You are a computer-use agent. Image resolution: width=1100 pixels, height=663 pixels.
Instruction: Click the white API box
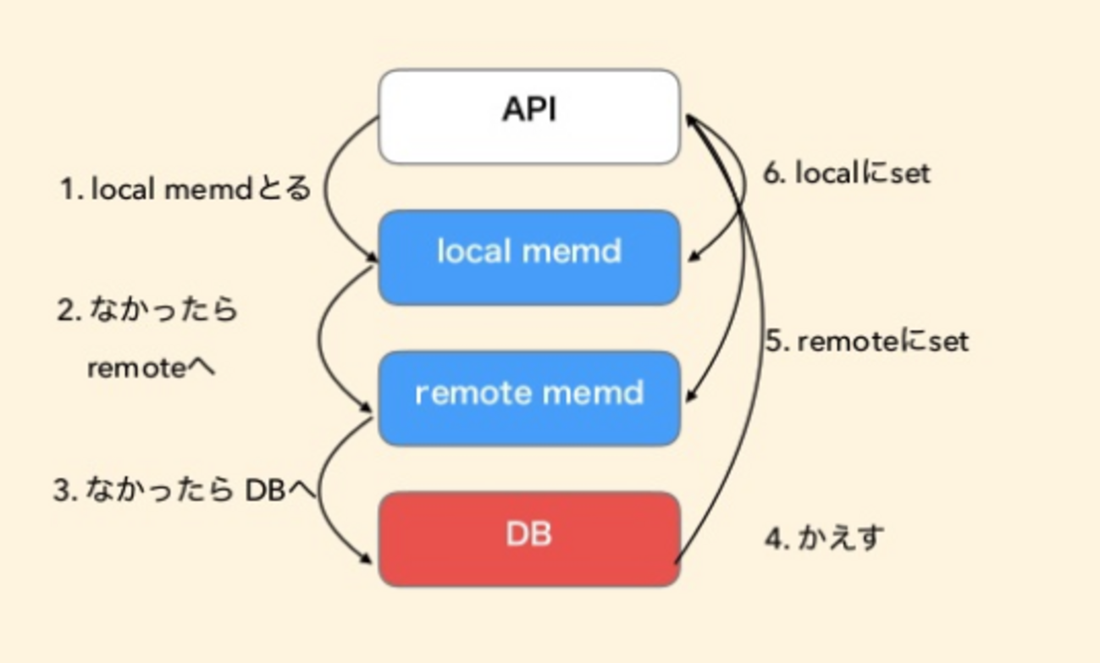click(x=529, y=116)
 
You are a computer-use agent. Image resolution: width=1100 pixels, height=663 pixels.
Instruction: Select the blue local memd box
click(x=529, y=257)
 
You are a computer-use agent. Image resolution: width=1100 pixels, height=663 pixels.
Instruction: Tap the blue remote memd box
click(x=529, y=398)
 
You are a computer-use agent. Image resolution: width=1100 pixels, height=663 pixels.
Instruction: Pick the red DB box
click(x=529, y=539)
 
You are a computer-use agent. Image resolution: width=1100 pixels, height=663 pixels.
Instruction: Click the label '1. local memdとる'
click(x=185, y=189)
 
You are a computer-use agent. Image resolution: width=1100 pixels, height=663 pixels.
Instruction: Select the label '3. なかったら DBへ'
click(x=184, y=490)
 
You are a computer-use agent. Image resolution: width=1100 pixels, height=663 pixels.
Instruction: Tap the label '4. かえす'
click(x=824, y=538)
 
